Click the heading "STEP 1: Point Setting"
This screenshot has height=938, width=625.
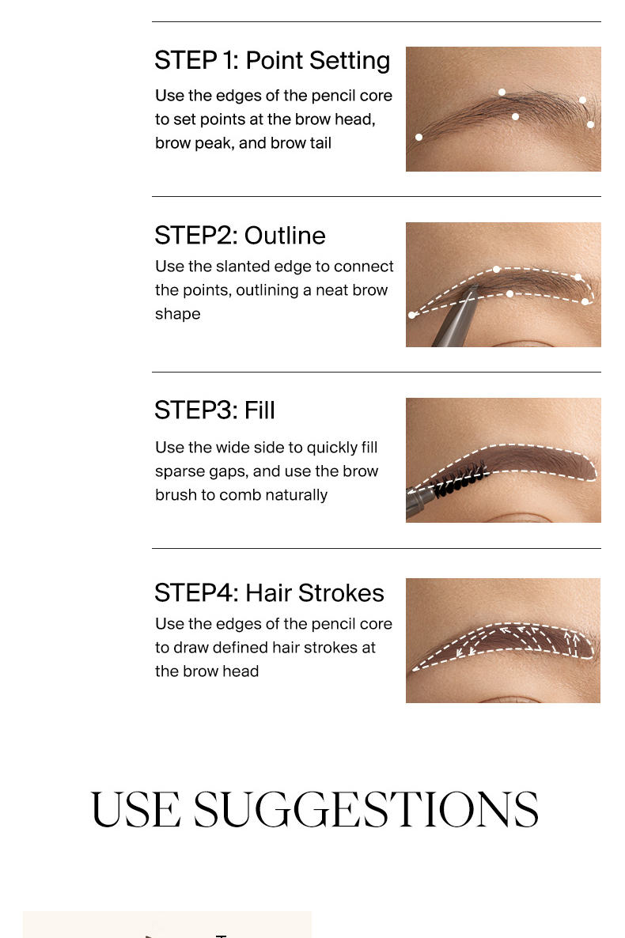[272, 60]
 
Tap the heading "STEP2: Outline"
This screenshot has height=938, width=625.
[240, 235]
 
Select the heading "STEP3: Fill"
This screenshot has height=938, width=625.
[215, 410]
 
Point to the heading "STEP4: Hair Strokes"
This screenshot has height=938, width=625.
[270, 593]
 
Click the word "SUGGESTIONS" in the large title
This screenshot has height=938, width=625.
[366, 809]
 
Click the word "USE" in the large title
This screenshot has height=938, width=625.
[136, 809]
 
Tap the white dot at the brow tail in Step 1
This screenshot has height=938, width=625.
[419, 137]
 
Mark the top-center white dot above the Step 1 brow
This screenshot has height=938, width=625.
[502, 92]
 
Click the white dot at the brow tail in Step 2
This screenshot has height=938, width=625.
[412, 316]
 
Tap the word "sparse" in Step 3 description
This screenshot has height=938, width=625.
[179, 472]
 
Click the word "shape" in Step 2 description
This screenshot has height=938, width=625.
[178, 314]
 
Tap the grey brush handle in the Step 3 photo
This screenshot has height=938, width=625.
[419, 502]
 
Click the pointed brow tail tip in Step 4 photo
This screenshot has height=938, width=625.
[413, 669]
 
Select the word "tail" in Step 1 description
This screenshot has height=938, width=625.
[320, 143]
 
